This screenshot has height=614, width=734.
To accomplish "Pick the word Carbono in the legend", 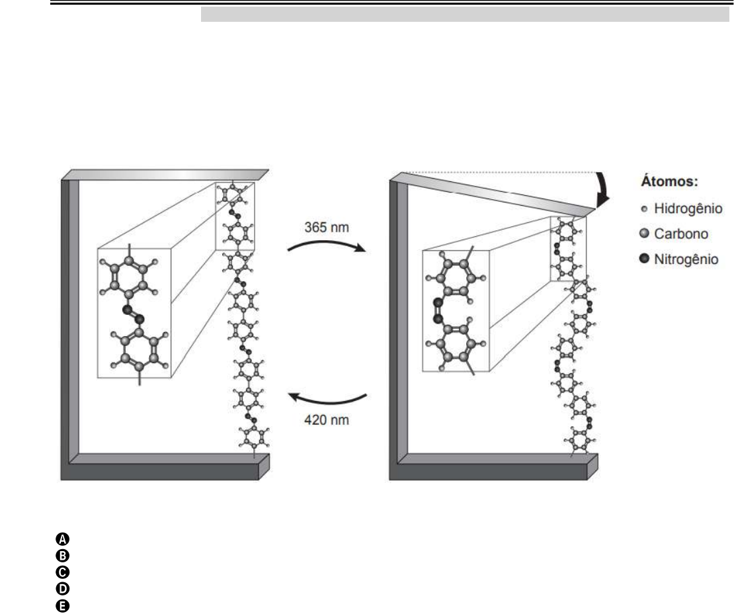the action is [x=683, y=234].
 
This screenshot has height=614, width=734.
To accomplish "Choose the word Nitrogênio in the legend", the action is [x=688, y=259].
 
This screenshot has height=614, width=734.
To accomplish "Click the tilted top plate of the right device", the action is [x=496, y=193].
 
